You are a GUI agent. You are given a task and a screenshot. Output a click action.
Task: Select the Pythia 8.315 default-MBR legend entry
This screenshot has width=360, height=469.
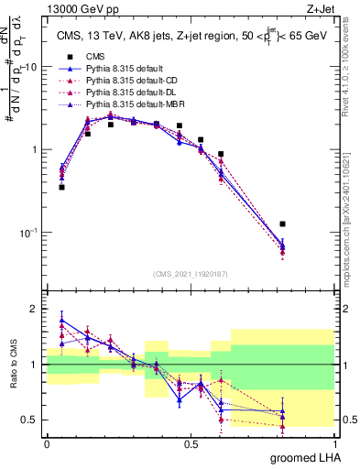[124, 105]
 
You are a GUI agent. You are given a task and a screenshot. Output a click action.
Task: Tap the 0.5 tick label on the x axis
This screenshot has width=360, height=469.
[191, 442]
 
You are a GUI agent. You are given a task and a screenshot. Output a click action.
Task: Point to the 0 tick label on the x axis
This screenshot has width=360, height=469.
[47, 442]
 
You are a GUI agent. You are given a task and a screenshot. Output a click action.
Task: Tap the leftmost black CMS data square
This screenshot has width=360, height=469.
[61, 187]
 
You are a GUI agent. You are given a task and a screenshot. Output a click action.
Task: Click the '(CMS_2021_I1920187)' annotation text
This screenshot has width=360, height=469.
[190, 274]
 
